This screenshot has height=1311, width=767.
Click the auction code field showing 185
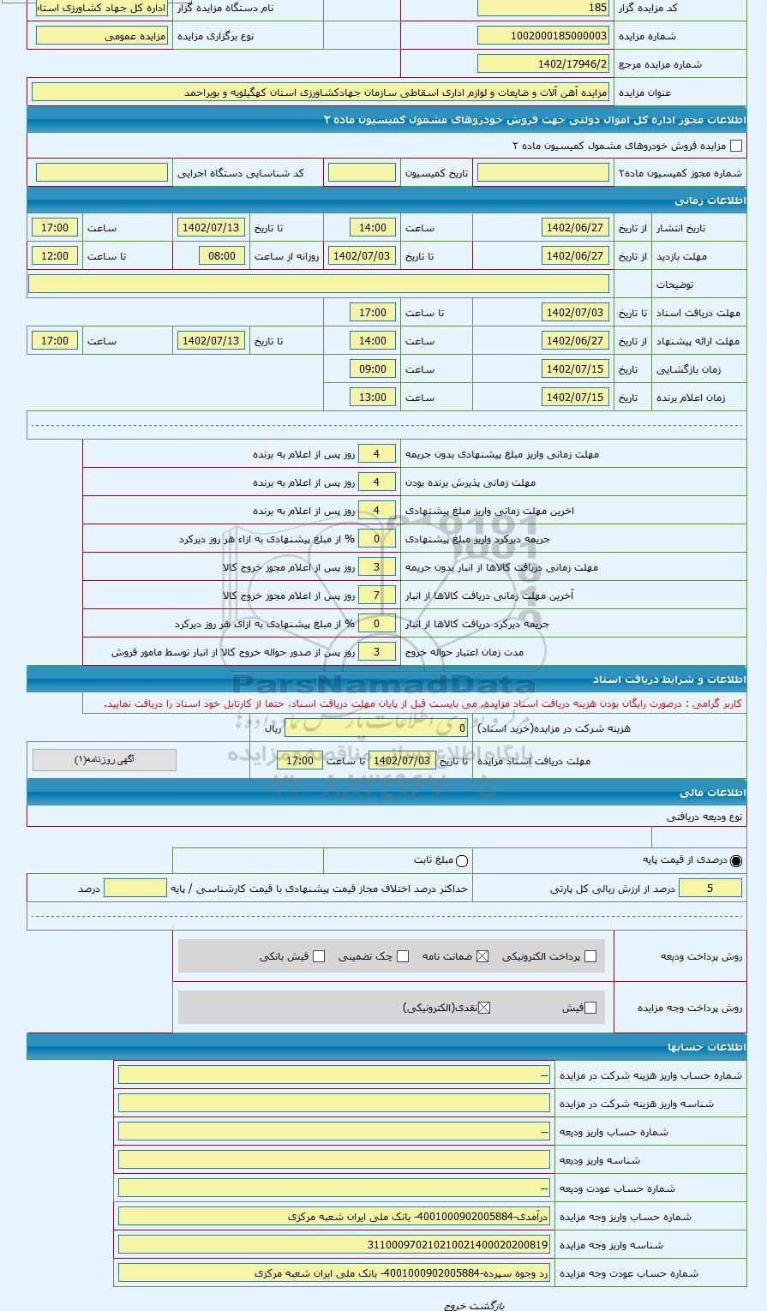click(x=543, y=8)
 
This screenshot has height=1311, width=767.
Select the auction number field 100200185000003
click(x=543, y=36)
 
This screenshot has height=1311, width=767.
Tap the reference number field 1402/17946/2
click(x=543, y=64)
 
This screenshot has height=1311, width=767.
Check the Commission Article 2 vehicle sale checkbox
click(x=735, y=147)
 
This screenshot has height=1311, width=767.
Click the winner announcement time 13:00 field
click(x=373, y=398)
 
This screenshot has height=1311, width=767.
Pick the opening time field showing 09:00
click(x=373, y=369)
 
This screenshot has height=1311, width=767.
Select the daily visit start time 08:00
click(x=222, y=256)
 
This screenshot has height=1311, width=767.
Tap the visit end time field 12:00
click(x=55, y=256)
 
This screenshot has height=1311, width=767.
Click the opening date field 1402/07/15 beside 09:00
click(x=575, y=369)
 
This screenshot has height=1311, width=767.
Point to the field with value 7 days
click(x=376, y=595)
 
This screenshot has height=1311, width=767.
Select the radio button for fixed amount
click(x=462, y=860)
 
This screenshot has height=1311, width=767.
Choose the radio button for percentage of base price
click(x=736, y=860)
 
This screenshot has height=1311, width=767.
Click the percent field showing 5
click(x=710, y=889)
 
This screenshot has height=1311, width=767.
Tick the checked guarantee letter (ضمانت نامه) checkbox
click(x=482, y=956)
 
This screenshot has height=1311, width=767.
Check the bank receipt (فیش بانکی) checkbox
click(x=319, y=956)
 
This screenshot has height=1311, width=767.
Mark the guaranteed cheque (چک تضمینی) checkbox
click(x=403, y=956)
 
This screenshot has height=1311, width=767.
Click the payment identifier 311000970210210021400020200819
click(x=334, y=1245)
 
